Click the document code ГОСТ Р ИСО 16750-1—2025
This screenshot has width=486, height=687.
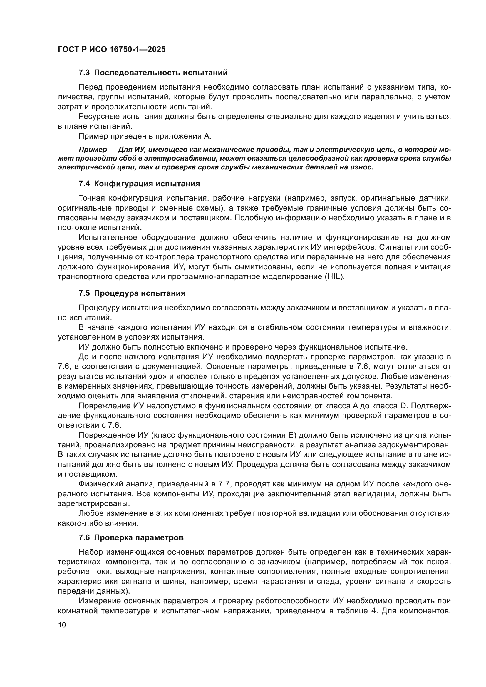[x=112, y=49]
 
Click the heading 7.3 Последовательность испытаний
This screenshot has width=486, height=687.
[x=153, y=73]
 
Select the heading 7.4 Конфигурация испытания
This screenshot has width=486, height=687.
[x=139, y=184]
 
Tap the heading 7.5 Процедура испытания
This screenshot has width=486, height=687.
[x=132, y=293]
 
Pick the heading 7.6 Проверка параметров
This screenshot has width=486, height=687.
[x=131, y=538]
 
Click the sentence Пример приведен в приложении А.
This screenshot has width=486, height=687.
[x=145, y=136]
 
